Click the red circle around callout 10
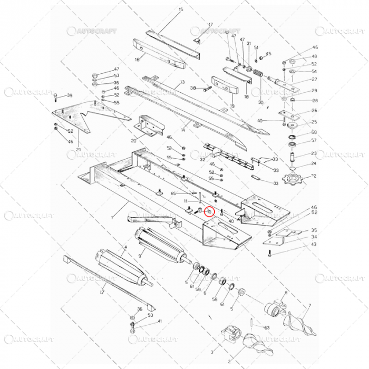209,212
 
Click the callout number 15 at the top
181,10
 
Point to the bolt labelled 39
56,96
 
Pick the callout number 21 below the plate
78,149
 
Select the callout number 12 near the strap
102,292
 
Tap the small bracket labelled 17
197,41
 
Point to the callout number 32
202,159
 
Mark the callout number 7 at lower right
309,306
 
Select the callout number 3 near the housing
212,351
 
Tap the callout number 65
172,194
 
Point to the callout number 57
314,141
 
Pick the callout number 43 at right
314,244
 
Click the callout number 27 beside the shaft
314,80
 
